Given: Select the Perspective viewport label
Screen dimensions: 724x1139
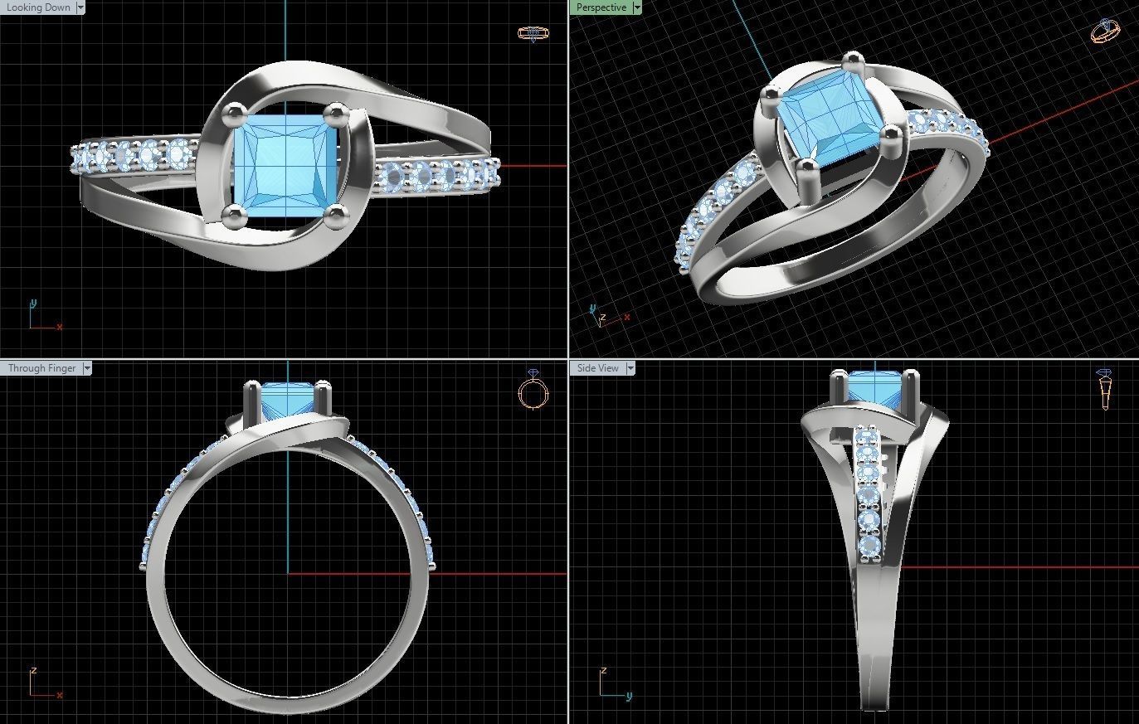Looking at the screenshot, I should coord(601,7).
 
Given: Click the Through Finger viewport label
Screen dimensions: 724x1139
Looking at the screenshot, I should coord(41,368).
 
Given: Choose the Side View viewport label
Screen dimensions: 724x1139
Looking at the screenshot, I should coord(597,368).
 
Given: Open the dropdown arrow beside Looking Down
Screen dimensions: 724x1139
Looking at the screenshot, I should coord(80,7).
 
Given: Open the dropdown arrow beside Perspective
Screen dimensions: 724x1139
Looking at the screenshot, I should coord(637,7).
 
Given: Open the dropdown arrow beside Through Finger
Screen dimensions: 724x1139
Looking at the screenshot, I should coord(87,368).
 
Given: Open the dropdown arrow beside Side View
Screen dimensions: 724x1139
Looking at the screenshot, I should coord(630,368).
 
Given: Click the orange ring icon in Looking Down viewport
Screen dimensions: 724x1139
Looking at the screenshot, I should coord(529,33).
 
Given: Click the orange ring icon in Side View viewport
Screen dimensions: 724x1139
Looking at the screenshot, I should coord(1105,389).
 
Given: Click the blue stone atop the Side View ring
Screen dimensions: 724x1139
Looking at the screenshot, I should coord(874,389).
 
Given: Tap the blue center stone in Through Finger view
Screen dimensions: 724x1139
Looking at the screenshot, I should coord(286,400).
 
